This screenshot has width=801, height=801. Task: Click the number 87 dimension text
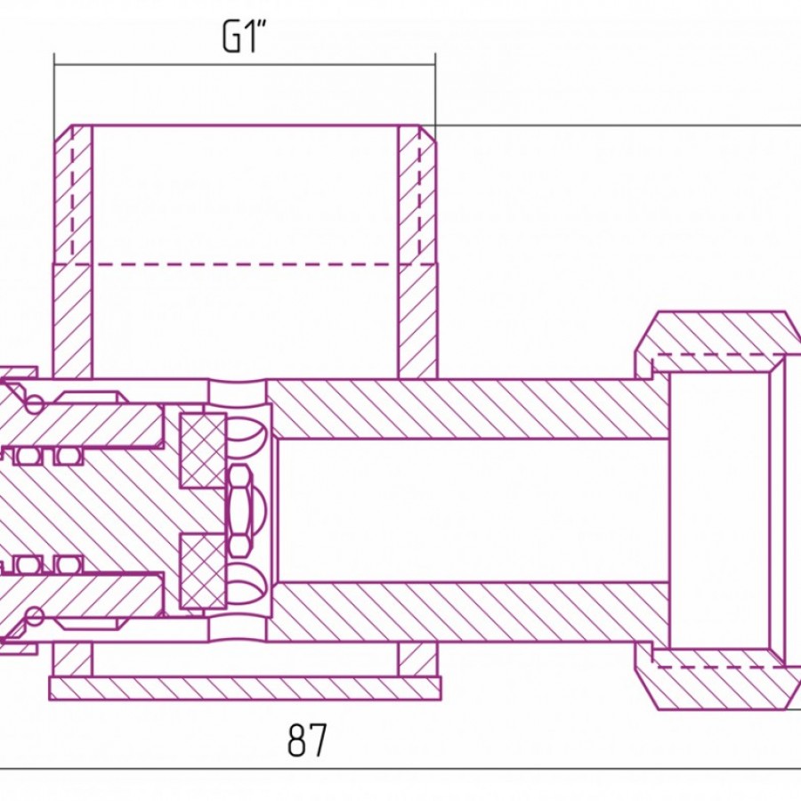pyautogui.click(x=306, y=740)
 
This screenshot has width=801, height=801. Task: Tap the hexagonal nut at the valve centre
pyautogui.click(x=239, y=511)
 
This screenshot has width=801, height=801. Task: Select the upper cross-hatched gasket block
pyautogui.click(x=203, y=450)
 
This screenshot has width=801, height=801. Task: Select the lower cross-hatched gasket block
pyautogui.click(x=203, y=570)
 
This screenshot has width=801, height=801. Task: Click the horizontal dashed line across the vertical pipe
pyautogui.click(x=246, y=264)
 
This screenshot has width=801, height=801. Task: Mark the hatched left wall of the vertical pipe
pyautogui.click(x=73, y=251)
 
